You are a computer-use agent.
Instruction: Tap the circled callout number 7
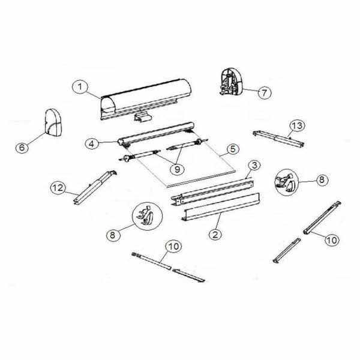[265, 92]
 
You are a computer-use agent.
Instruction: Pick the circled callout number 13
[295, 125]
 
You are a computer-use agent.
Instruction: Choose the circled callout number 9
[177, 170]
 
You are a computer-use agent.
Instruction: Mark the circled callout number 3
[254, 164]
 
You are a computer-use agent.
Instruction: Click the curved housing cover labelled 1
[147, 96]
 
